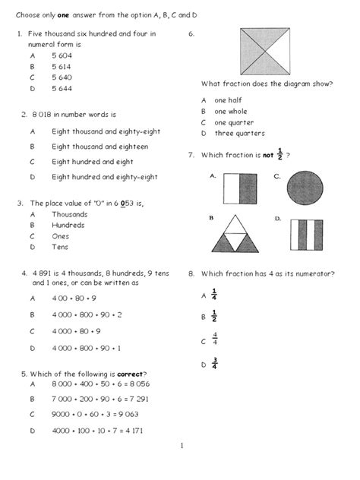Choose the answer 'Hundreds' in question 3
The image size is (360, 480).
pos(68,225)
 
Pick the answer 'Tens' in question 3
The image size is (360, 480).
pos(60,247)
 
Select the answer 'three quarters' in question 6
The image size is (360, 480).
pos(239,134)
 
